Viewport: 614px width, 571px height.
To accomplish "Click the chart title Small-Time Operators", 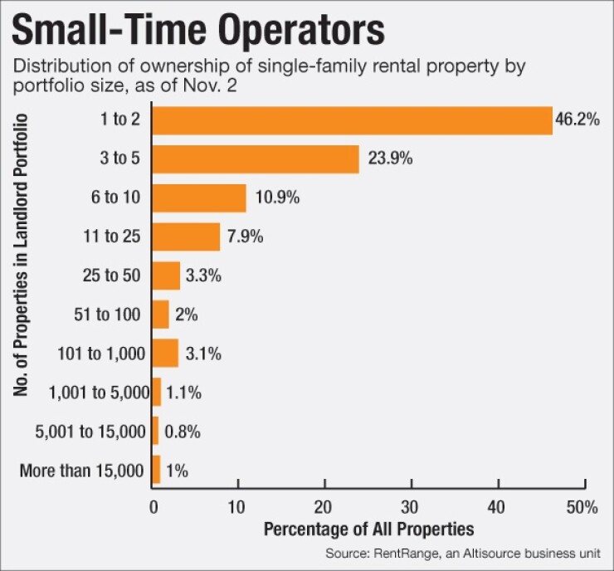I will pos(198,32).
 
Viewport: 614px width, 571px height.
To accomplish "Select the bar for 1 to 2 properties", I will pos(352,120).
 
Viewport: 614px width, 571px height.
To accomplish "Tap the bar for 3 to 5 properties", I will pos(256,159).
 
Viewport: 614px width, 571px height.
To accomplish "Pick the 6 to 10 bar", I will pos(199,198).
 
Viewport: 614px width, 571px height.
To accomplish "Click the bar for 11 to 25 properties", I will pos(187,237).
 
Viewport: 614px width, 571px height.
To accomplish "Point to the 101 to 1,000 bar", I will pos(165,354).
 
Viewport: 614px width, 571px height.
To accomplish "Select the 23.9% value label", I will pos(387,159).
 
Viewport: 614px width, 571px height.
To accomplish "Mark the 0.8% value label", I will pos(183,432).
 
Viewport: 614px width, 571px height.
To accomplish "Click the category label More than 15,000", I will pos(81,471).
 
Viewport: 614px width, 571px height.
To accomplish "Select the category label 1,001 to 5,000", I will pos(99,393).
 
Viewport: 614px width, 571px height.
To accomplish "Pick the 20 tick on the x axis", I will pos(324,506).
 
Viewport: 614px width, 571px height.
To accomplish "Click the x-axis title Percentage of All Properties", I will pos(368,529).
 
